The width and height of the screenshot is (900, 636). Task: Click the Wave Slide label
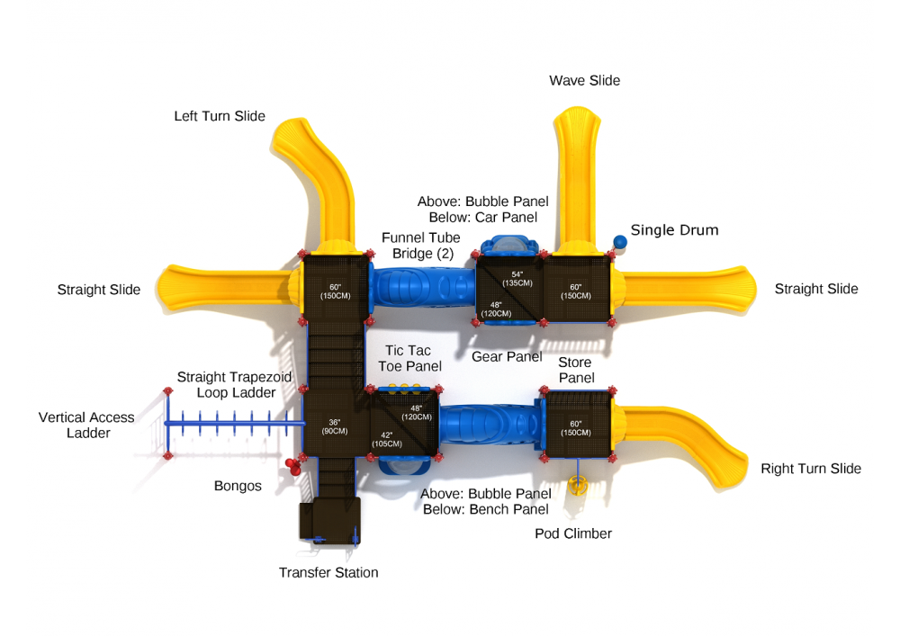coord(584,81)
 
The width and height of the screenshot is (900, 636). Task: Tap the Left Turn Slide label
coord(220,117)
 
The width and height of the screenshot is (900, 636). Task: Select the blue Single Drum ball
coord(619,241)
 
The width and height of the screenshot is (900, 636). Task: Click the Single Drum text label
coord(674,230)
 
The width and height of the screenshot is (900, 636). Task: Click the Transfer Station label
coord(328,573)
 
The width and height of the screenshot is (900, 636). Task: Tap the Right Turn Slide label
coord(811,469)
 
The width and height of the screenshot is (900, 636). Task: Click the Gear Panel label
coord(507,357)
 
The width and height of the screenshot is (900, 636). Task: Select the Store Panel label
coord(576,371)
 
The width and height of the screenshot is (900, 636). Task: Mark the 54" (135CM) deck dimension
coord(517,278)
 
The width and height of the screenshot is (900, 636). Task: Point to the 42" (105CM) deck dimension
coord(385,439)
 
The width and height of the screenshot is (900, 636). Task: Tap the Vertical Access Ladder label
coord(86,425)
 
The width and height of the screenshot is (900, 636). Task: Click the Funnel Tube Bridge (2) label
coord(420,246)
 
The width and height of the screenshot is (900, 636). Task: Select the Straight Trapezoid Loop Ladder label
coord(234,385)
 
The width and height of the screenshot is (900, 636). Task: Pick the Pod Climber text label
coord(573,533)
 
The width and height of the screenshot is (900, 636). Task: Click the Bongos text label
coord(238,487)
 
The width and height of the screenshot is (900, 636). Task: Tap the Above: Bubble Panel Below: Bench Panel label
coord(486,502)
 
